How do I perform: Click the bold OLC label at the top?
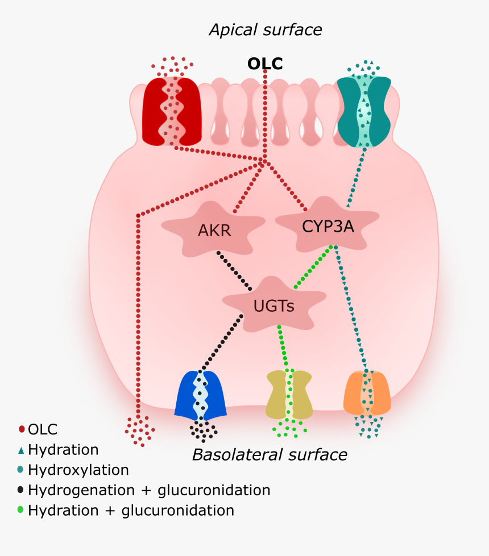pyautogui.click(x=264, y=64)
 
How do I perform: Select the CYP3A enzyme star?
pyautogui.click(x=328, y=226)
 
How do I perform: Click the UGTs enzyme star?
pyautogui.click(x=273, y=306)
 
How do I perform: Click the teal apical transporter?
pyautogui.click(x=364, y=110)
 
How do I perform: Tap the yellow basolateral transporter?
pyautogui.click(x=289, y=394)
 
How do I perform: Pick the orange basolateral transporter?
pyautogui.click(x=367, y=393)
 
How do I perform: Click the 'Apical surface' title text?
pyautogui.click(x=265, y=30)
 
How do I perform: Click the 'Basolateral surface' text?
pyautogui.click(x=270, y=454)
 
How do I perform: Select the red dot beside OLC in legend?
pyautogui.click(x=22, y=429)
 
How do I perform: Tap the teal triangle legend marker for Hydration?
pyautogui.click(x=22, y=450)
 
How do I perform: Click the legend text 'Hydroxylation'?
pyautogui.click(x=78, y=470)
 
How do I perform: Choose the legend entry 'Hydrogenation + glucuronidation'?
pyautogui.click(x=149, y=490)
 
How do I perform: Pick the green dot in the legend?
pyautogui.click(x=22, y=509)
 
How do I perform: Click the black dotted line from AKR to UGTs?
pyautogui.click(x=234, y=271)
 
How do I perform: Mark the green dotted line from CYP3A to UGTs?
pyautogui.click(x=313, y=266)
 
